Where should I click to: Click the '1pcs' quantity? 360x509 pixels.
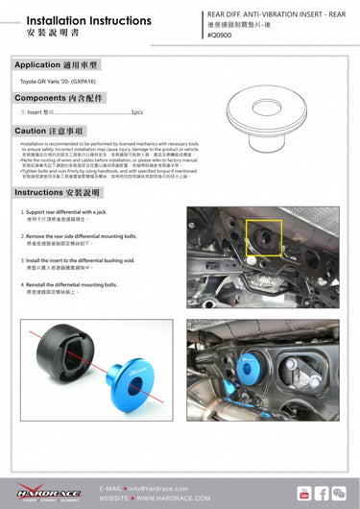click(136, 112)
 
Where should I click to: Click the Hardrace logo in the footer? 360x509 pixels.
click(44, 495)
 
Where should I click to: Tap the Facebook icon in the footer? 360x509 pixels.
click(323, 494)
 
